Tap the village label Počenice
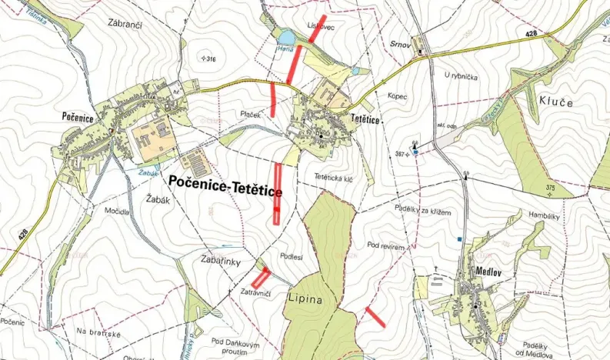click(78, 116)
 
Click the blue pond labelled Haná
click(285, 37)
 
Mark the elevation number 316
click(208, 58)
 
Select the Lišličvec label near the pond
click(320, 25)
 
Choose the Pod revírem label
click(386, 245)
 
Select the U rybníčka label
click(462, 75)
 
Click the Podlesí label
click(292, 258)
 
